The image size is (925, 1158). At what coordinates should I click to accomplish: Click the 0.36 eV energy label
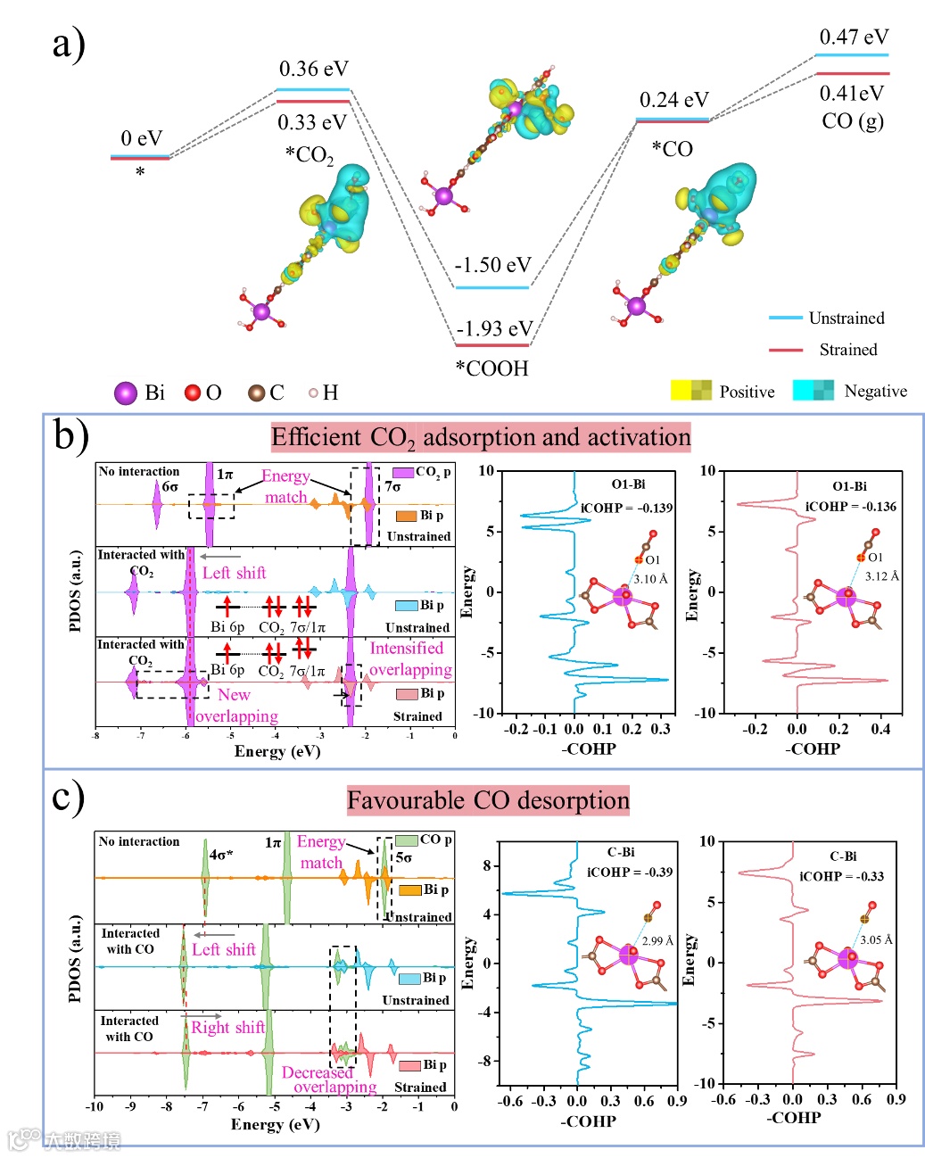click(x=313, y=70)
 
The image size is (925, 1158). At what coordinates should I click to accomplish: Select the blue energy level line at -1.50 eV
click(x=491, y=287)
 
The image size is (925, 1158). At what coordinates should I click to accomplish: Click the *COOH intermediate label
click(x=491, y=368)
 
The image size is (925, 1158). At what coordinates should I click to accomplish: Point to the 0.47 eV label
click(x=854, y=37)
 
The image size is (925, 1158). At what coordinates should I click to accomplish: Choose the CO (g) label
click(x=852, y=120)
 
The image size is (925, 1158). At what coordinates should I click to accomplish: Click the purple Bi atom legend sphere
click(x=126, y=393)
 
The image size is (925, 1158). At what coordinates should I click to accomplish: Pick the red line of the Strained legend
click(x=785, y=350)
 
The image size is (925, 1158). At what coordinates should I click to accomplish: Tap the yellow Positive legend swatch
click(x=690, y=391)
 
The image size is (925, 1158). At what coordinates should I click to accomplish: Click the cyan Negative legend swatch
click(x=813, y=391)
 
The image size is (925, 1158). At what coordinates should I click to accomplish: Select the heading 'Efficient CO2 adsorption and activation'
click(x=481, y=437)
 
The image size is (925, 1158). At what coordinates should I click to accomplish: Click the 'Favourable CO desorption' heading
click(x=488, y=800)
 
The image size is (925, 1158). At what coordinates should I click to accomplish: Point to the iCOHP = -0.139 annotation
click(x=627, y=508)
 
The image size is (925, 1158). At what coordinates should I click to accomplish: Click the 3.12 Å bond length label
click(x=881, y=576)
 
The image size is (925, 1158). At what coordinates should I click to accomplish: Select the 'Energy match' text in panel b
click(x=285, y=486)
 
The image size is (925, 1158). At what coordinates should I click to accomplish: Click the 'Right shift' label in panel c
click(x=227, y=1028)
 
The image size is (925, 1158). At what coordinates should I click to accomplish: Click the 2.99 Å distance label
click(x=657, y=940)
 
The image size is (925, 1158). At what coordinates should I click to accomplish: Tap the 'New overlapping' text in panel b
click(x=235, y=705)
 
